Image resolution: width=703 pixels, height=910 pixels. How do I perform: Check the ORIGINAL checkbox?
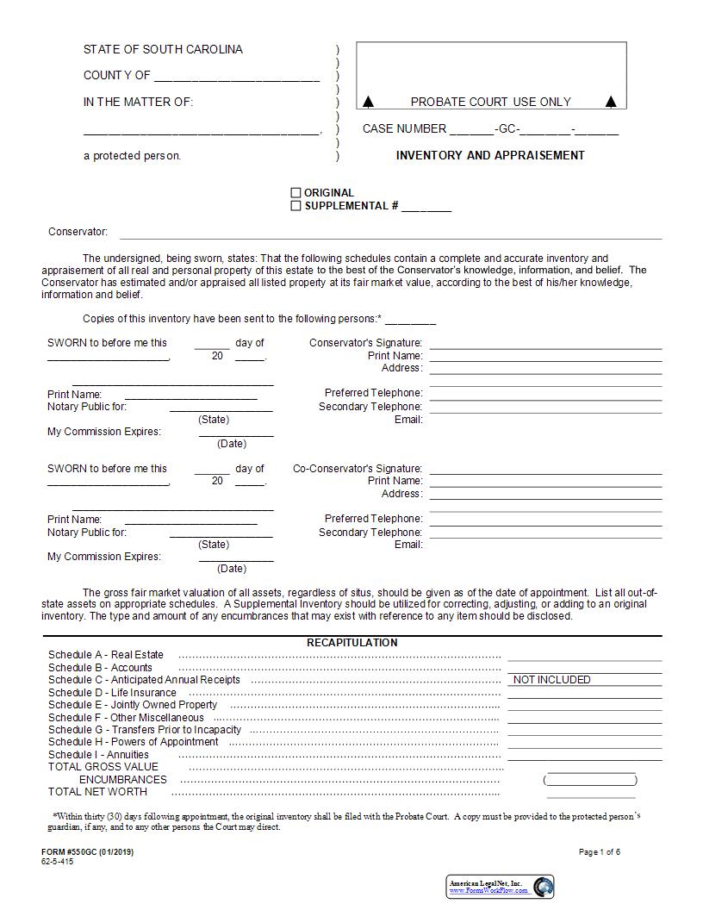click(296, 193)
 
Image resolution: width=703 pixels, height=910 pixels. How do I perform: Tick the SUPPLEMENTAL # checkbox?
click(296, 206)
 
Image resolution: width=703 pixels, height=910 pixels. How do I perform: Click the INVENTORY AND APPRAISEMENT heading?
click(490, 156)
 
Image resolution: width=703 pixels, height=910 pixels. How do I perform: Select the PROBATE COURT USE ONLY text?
click(490, 102)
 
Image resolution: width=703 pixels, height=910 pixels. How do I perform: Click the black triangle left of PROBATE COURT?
click(369, 102)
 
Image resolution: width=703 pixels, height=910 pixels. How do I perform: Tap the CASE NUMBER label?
click(404, 129)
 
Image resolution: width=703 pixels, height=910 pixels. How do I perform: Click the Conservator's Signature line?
click(545, 344)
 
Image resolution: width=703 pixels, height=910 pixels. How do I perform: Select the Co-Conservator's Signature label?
click(358, 469)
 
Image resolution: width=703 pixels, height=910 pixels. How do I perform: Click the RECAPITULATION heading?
click(352, 643)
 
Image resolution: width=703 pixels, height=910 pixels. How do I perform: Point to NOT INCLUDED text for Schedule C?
click(552, 680)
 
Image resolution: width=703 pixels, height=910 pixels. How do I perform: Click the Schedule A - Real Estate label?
click(106, 655)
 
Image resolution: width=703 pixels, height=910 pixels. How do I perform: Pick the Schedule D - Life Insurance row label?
click(113, 692)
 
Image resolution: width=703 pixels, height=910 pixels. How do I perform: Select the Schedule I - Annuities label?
click(99, 754)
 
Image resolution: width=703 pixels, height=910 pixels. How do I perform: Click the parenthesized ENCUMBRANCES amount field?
click(590, 780)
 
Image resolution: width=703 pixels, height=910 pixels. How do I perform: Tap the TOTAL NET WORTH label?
click(97, 791)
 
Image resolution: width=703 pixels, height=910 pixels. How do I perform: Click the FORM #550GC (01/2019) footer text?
click(87, 852)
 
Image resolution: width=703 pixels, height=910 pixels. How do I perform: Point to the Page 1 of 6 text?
click(599, 852)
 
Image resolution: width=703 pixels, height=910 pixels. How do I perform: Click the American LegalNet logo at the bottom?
click(501, 886)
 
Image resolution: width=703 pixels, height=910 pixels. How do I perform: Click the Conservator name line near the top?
click(390, 234)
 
